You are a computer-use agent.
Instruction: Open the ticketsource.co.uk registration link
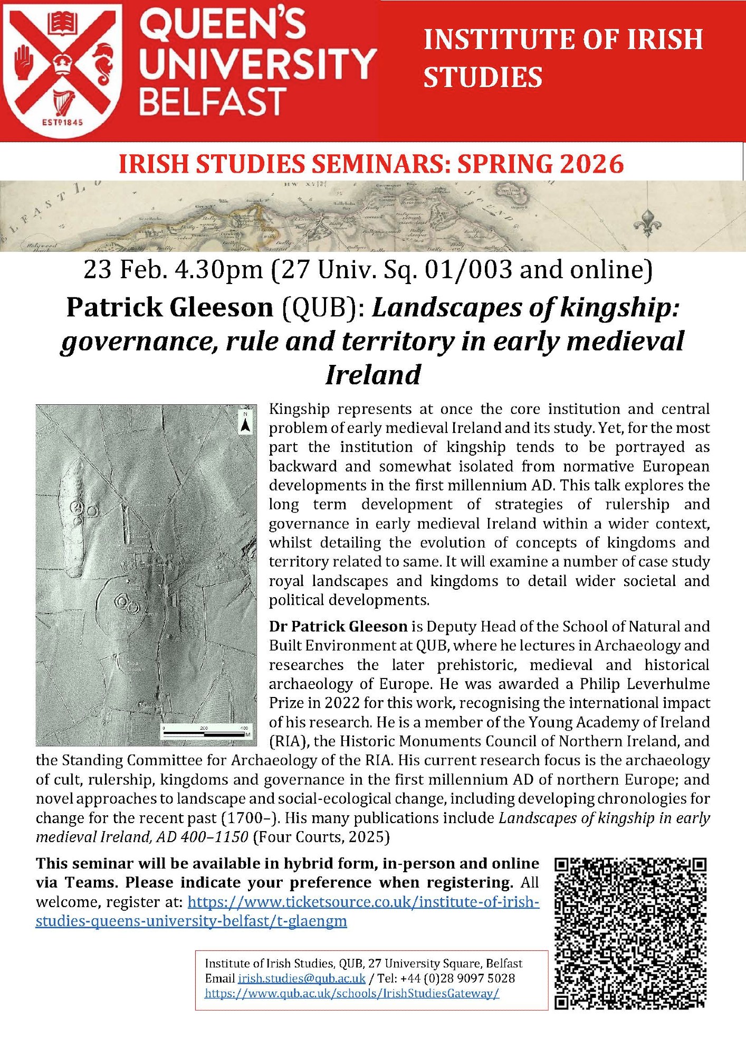(x=288, y=911)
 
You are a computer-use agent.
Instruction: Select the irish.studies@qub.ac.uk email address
(x=301, y=978)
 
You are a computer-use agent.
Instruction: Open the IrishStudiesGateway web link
(x=352, y=993)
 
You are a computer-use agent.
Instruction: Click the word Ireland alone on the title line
(x=373, y=375)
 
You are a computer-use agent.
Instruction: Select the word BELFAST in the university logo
(x=213, y=102)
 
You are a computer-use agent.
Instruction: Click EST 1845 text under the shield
(x=62, y=122)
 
